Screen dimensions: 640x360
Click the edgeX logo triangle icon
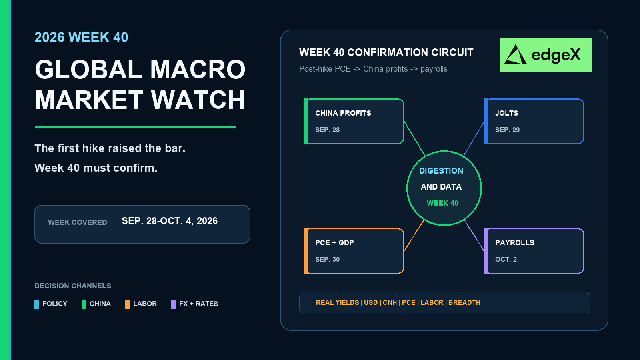pos(515,54)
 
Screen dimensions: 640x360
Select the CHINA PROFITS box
pos(354,122)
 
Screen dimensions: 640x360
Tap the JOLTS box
pos(534,122)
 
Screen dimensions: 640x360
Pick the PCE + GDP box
pos(354,251)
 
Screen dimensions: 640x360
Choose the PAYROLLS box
pos(534,251)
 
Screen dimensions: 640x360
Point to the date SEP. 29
pos(508,130)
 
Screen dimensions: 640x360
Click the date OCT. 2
pos(506,260)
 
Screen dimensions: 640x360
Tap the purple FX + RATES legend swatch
pos(173,304)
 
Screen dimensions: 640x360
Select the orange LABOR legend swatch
pos(128,304)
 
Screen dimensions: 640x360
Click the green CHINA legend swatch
pos(84,304)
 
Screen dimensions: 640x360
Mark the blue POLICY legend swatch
pos(36,304)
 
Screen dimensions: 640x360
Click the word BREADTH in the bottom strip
pos(464,302)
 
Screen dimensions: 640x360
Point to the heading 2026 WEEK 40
pos(82,38)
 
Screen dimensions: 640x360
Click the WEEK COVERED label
pos(78,222)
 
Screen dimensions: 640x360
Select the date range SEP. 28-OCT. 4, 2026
pos(170,221)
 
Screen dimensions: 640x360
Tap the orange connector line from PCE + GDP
pos(414,236)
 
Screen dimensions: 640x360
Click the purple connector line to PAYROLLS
pos(474,236)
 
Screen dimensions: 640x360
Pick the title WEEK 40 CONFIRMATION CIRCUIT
pos(386,52)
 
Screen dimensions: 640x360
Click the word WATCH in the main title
pos(198,100)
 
